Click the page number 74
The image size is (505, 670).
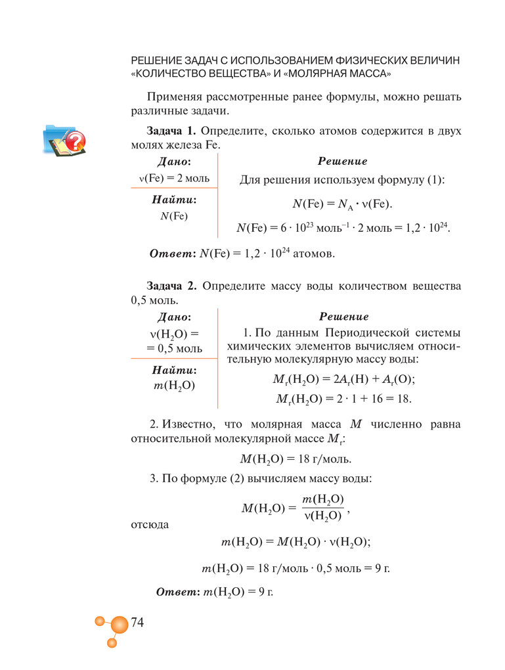pyautogui.click(x=137, y=622)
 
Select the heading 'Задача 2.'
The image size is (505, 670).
pyautogui.click(x=172, y=286)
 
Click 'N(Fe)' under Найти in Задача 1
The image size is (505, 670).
pyautogui.click(x=174, y=216)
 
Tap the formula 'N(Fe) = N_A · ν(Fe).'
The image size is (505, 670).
pyautogui.click(x=341, y=204)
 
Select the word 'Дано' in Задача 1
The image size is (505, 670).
pyautogui.click(x=174, y=162)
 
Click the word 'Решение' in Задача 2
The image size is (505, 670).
pyautogui.click(x=343, y=317)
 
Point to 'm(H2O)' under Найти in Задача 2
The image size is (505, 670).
pyautogui.click(x=174, y=386)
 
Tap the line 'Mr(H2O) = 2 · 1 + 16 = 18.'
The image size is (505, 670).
pyautogui.click(x=343, y=398)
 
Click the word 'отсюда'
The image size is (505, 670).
pyautogui.click(x=150, y=524)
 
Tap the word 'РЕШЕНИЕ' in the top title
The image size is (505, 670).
pyautogui.click(x=158, y=60)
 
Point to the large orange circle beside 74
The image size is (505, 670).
pyautogui.click(x=119, y=626)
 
